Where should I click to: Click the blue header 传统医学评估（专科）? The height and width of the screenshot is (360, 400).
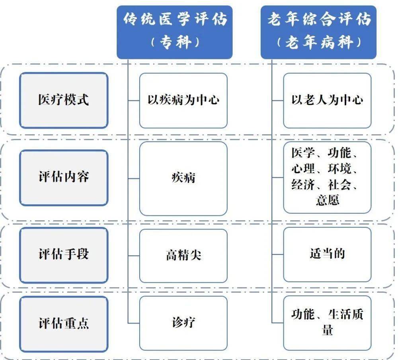tap(174, 32)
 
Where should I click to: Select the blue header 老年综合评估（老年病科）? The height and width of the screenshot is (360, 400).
tap(318, 32)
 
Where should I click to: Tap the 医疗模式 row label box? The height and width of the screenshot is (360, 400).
tap(64, 100)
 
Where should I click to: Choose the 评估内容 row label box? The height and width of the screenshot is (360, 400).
tap(64, 178)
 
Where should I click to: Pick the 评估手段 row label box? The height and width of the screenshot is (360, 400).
tap(64, 255)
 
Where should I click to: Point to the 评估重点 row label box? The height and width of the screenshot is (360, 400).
tap(64, 324)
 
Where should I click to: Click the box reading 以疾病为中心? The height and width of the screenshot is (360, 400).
tap(183, 101)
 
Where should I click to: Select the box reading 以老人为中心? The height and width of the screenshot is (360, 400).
tap(327, 101)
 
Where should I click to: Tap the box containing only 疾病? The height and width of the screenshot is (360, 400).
tap(183, 179)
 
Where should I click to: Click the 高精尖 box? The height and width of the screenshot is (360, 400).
tap(183, 256)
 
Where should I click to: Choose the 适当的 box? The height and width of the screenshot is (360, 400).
tap(327, 254)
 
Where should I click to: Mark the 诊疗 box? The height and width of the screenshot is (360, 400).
tap(183, 323)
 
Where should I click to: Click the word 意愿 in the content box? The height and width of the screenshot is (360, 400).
tap(327, 200)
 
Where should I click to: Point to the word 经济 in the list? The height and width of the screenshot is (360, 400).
tap(303, 184)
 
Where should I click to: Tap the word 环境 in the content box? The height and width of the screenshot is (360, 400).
tap(340, 168)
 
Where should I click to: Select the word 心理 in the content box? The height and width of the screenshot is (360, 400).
tap(303, 168)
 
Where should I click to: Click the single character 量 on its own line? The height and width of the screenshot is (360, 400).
tap(327, 330)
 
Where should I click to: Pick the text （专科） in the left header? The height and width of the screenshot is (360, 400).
tap(175, 42)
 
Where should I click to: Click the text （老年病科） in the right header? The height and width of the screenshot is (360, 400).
tap(319, 42)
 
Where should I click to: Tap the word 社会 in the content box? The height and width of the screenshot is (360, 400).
tap(340, 184)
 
